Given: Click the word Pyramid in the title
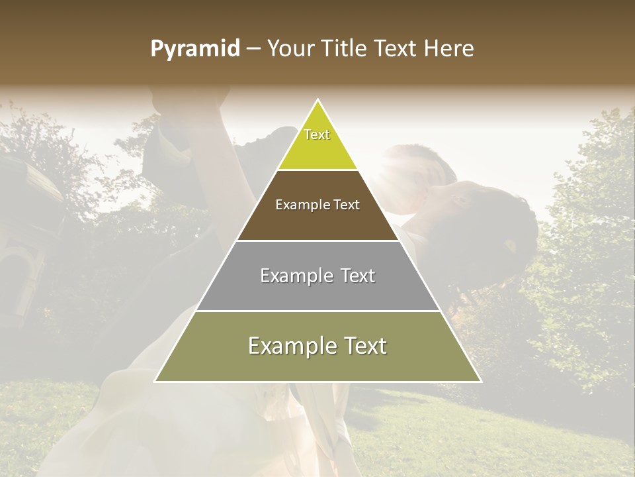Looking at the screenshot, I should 194,49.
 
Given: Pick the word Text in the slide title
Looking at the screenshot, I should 396,49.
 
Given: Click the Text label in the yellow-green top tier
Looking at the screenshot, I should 317,134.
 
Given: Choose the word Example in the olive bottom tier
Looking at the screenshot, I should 290,346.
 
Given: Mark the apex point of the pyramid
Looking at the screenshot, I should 317,100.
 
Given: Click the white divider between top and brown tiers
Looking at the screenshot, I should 317,170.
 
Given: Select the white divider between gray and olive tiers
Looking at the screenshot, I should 317,311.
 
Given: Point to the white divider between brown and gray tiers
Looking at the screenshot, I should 317,240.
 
